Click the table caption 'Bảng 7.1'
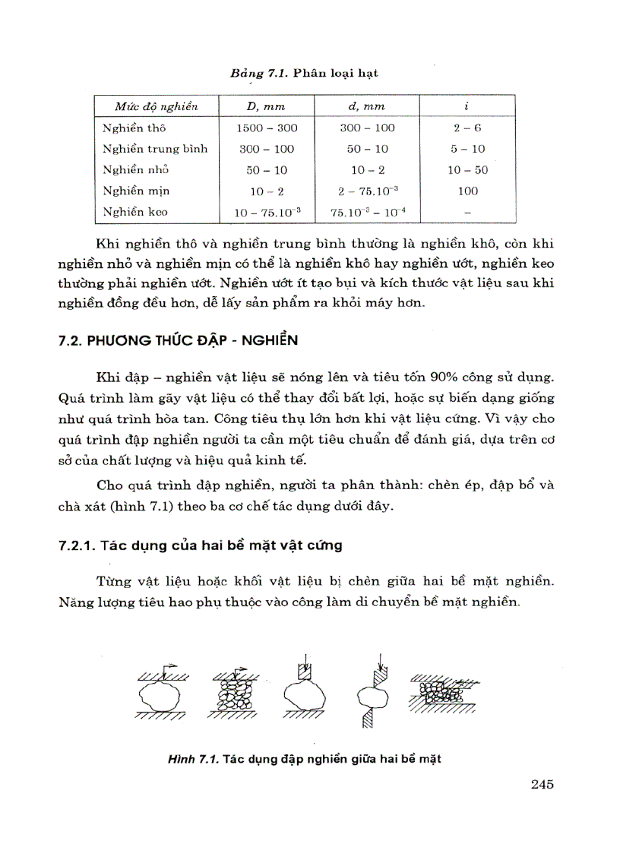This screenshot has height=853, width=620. (257, 73)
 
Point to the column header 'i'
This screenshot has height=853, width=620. (467, 106)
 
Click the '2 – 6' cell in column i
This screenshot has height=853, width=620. (467, 128)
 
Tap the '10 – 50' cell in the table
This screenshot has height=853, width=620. (467, 170)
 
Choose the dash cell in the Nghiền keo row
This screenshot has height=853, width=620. (467, 213)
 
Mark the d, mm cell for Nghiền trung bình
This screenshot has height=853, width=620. (368, 149)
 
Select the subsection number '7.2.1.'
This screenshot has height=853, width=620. (79, 545)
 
